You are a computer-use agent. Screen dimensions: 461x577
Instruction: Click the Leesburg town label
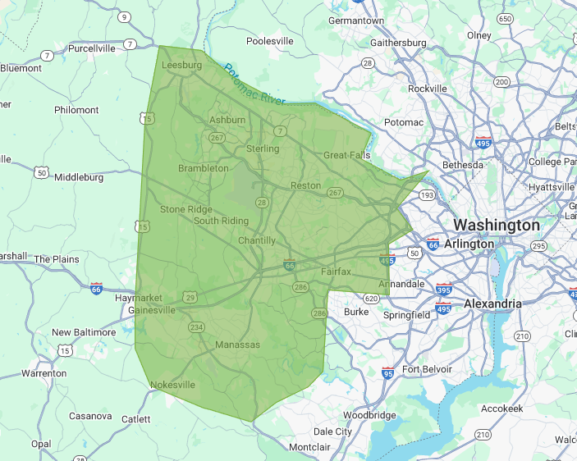(x=181, y=65)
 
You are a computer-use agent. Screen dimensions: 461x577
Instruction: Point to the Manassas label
(x=237, y=345)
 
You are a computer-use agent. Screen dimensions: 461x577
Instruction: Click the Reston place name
(x=305, y=185)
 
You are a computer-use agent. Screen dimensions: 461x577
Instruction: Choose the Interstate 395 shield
(x=444, y=289)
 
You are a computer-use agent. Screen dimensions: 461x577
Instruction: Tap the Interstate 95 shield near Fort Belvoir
(x=387, y=373)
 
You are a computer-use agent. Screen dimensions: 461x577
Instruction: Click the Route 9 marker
(x=124, y=17)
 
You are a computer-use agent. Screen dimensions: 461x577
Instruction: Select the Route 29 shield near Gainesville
(x=190, y=297)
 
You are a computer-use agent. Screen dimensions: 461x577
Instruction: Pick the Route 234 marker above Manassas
(x=196, y=327)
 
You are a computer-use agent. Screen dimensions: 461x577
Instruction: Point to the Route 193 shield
(x=427, y=196)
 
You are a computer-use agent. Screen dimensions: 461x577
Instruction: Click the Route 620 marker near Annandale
(x=371, y=299)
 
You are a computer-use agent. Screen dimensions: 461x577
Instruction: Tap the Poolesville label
(x=270, y=40)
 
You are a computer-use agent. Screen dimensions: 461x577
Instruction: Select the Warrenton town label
(x=44, y=373)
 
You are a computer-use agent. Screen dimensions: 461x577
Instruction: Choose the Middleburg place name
(x=79, y=176)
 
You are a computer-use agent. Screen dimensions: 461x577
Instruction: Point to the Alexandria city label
(x=492, y=304)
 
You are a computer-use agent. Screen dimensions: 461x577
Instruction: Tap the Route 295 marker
(x=538, y=246)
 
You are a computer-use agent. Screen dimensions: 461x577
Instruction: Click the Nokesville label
(x=172, y=385)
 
